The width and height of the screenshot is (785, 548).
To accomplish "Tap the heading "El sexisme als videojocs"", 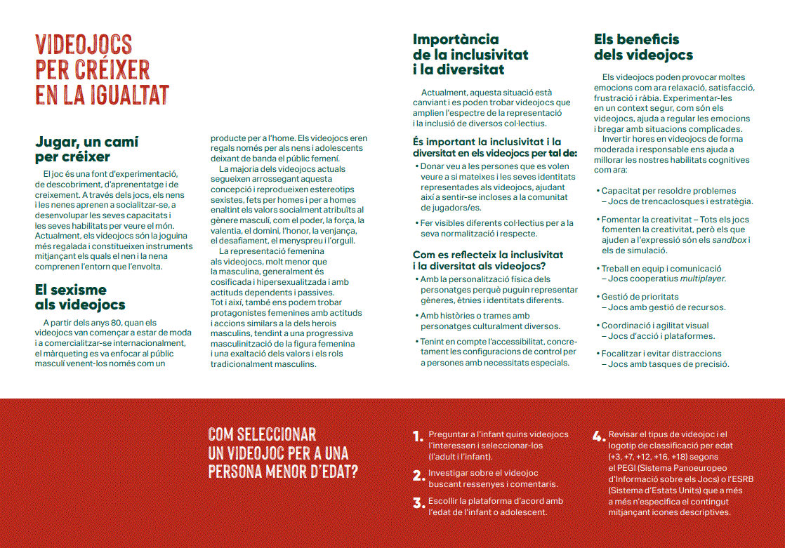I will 80,297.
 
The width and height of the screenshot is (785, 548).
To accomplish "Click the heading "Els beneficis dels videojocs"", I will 643,47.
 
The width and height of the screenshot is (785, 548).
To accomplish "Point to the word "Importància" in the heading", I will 456,39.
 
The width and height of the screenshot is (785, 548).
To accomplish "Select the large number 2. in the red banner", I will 418,476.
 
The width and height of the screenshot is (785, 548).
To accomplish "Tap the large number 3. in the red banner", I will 418,503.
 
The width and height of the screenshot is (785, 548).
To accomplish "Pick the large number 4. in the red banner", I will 598,437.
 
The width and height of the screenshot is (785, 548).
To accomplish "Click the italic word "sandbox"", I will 729,240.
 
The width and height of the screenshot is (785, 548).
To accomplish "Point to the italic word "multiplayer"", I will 702,279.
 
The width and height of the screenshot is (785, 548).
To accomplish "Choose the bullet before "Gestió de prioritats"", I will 597,298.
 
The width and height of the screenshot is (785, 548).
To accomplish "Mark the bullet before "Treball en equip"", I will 597,269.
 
